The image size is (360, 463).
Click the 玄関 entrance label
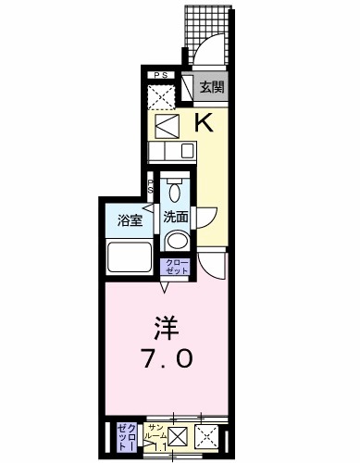[212, 89]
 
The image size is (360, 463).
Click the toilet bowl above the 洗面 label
[175, 191]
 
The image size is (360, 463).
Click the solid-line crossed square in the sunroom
[179, 437]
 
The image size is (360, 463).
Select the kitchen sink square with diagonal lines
[167, 125]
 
